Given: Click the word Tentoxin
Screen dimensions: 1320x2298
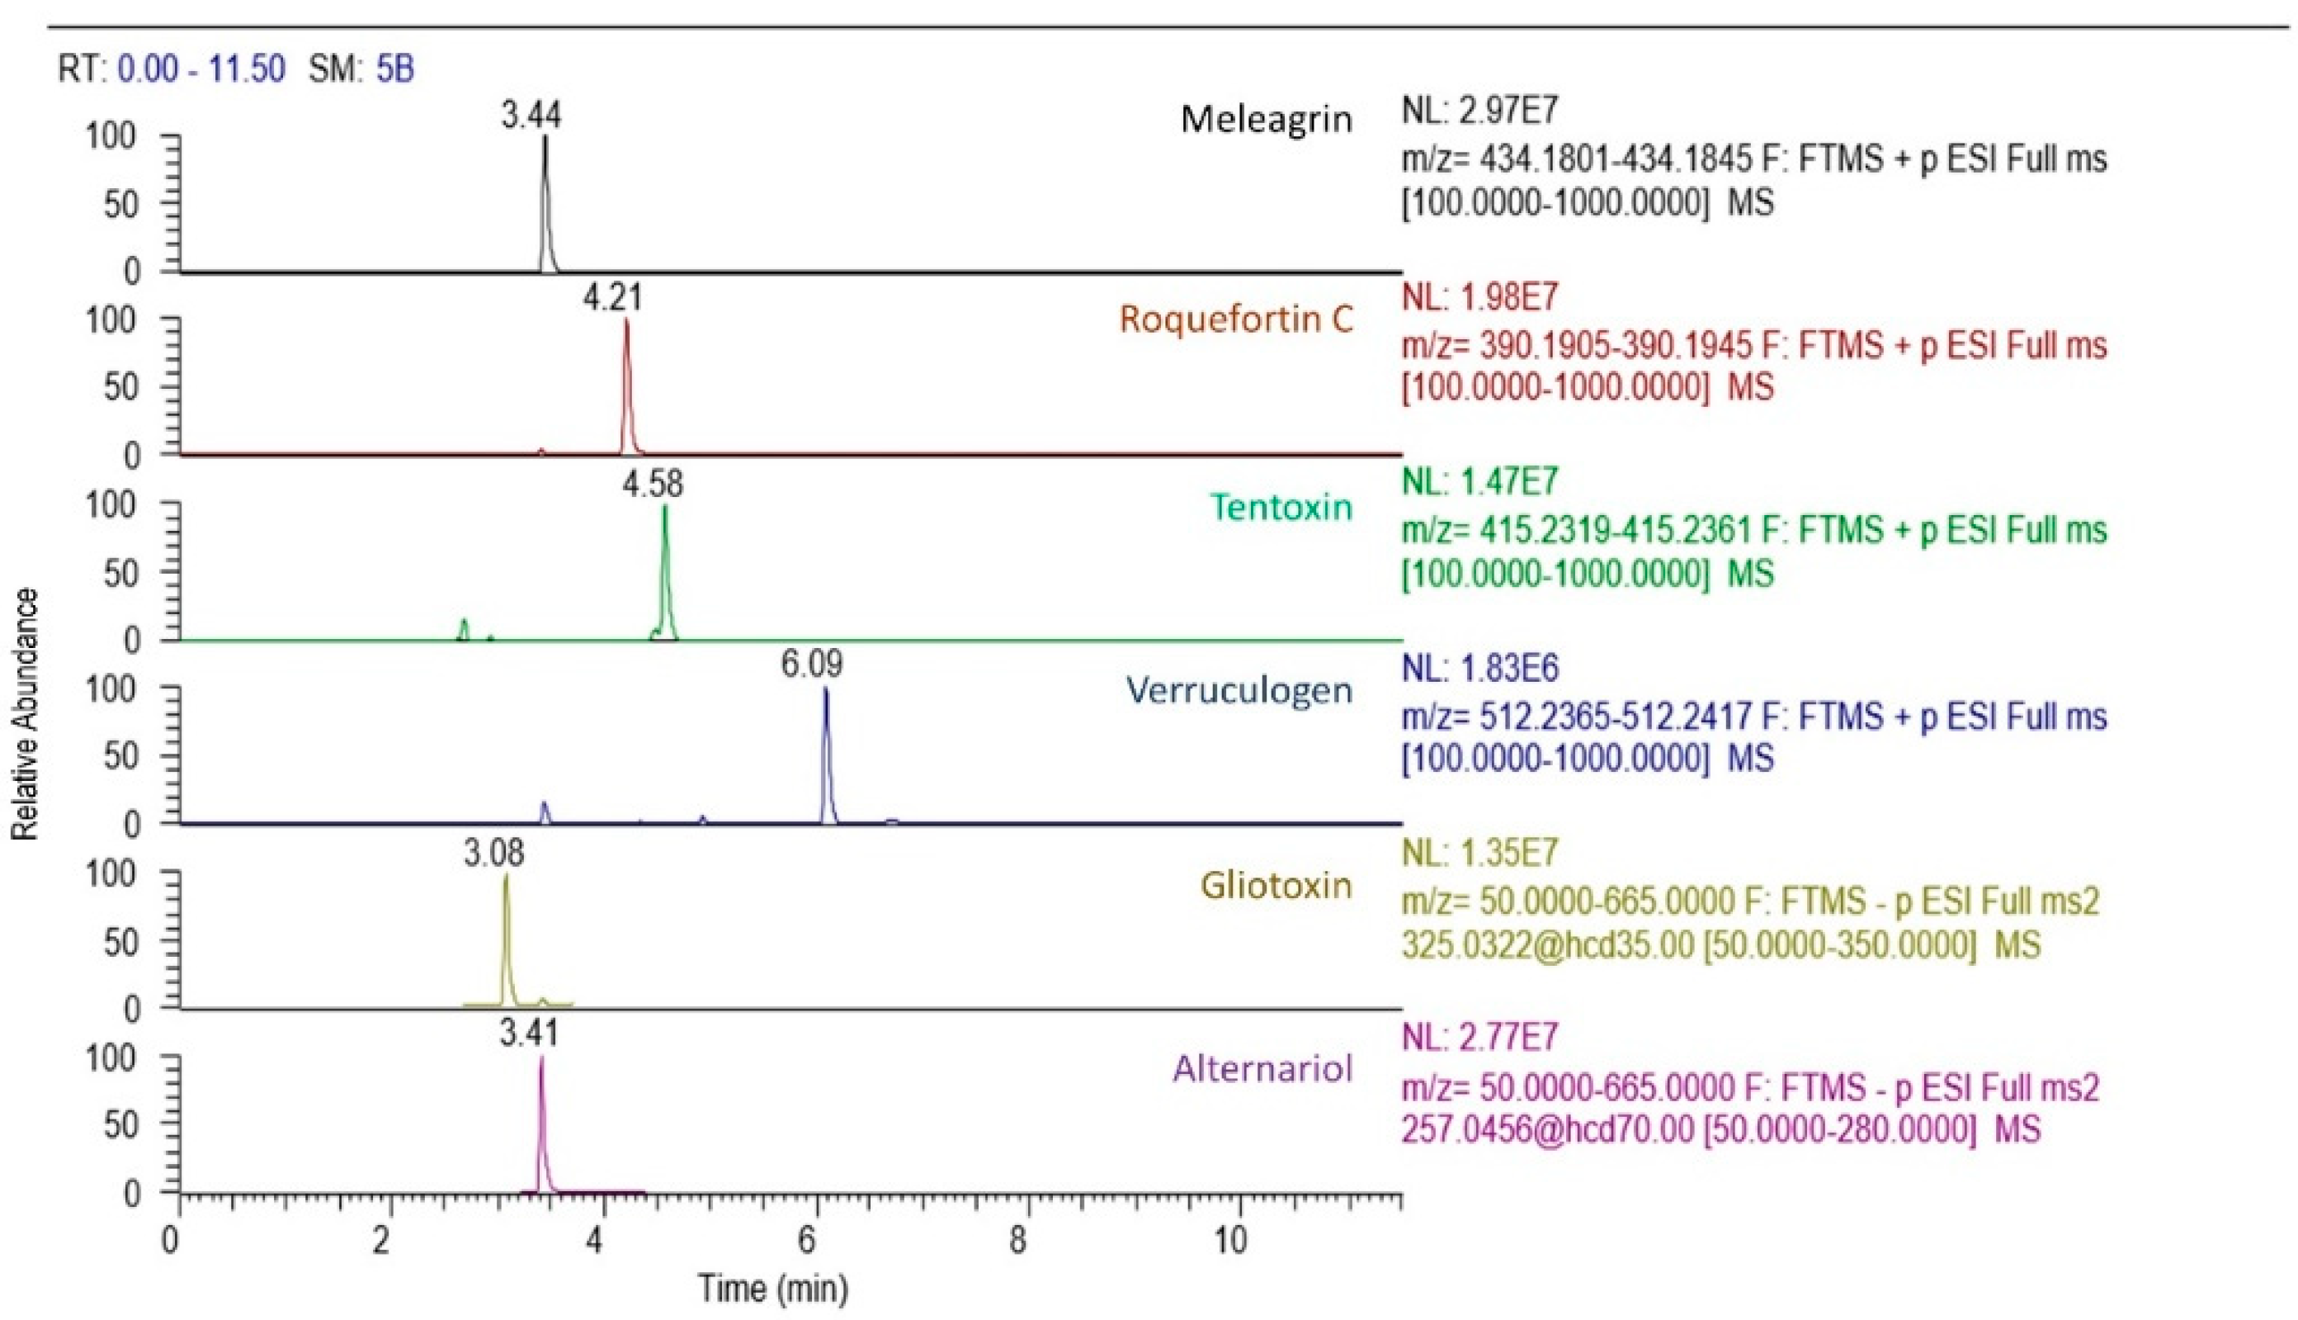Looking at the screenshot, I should pyautogui.click(x=1281, y=507).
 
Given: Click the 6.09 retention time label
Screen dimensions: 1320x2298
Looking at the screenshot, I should pyautogui.click(x=811, y=665).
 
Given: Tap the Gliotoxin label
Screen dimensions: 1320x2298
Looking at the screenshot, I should pyautogui.click(x=1276, y=885).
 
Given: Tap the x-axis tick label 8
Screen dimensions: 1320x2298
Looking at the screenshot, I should pyautogui.click(x=1017, y=1240).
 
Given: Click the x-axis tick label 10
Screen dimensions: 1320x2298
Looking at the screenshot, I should pyautogui.click(x=1229, y=1240).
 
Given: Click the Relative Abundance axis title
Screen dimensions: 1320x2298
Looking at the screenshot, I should pyautogui.click(x=26, y=713).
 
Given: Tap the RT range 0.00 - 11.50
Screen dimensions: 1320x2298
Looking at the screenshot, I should pyautogui.click(x=201, y=69).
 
